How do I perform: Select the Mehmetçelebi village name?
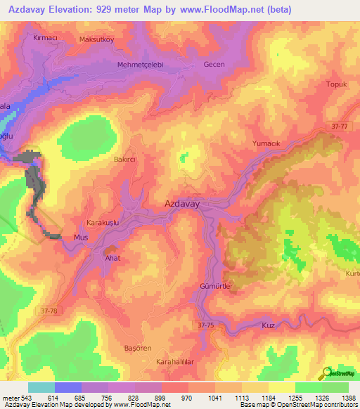coord(140,64)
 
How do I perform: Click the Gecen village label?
coord(214,64)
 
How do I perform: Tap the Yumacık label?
coord(266,143)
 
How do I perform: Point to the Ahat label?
coord(112,258)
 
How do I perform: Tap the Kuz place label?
coord(267,326)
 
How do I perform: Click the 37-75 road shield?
coord(205,325)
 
